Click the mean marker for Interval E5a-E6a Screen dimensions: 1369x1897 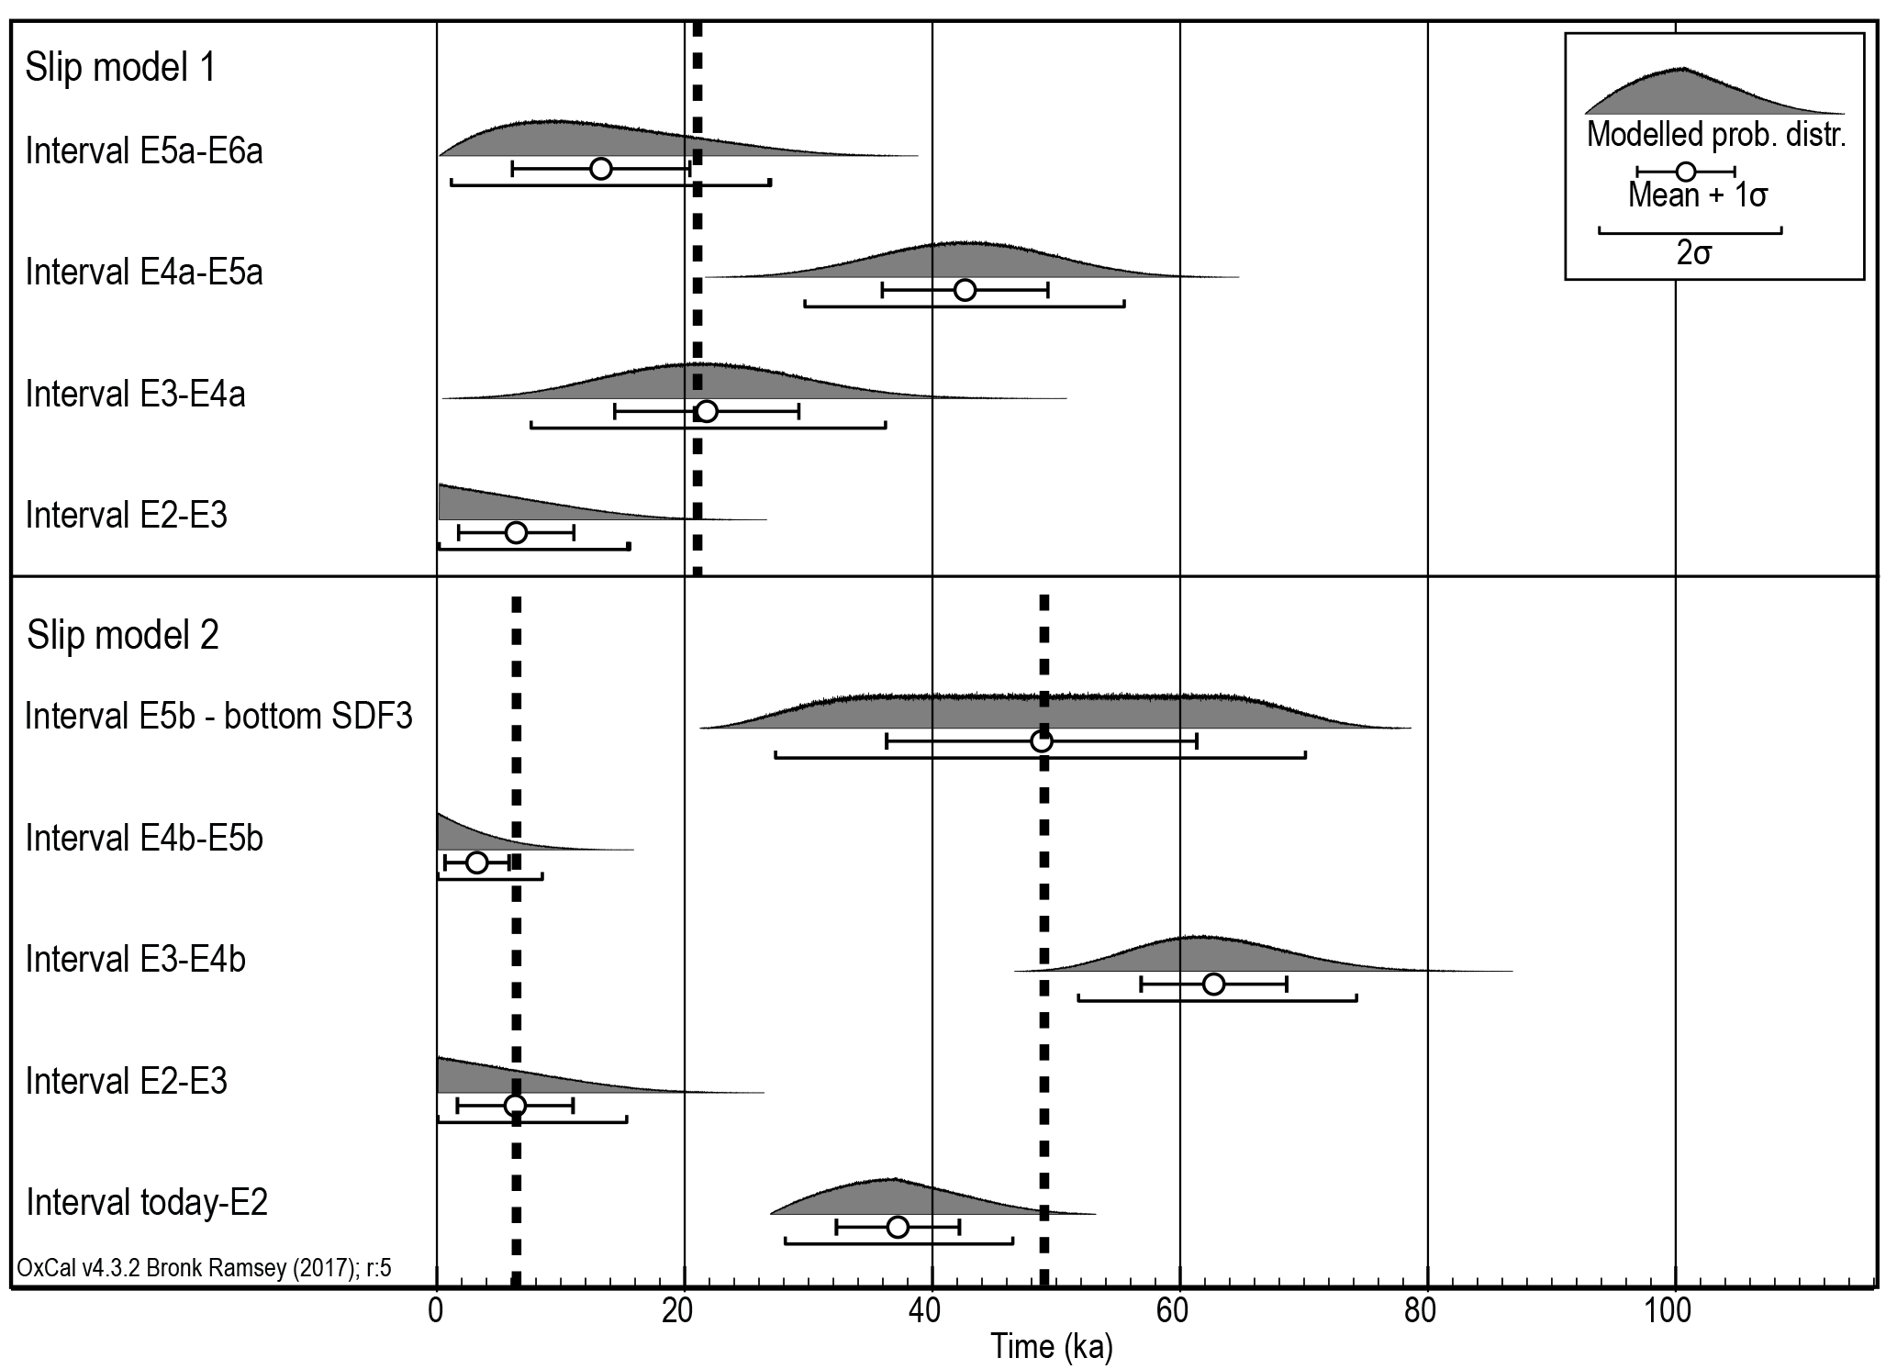tap(601, 169)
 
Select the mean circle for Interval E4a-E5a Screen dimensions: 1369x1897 tap(965, 290)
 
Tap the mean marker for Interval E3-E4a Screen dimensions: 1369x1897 tap(707, 411)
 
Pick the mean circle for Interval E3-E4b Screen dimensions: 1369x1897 tap(1213, 984)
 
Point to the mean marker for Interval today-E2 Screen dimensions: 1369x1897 tap(898, 1227)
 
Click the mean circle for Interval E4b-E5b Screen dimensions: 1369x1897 tap(476, 863)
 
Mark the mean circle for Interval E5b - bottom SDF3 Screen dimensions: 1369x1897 tap(1041, 741)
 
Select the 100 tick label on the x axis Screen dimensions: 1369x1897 tap(1668, 1311)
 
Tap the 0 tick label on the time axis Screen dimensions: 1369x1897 tap(436, 1311)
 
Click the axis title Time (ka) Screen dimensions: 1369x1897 tap(1051, 1347)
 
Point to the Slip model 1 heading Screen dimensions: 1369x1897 tap(120, 67)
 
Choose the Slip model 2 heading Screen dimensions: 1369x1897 tap(123, 635)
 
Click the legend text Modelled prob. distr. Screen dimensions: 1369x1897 tap(1715, 136)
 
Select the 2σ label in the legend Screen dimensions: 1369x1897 tap(1693, 252)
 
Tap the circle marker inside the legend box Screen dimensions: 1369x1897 tap(1685, 172)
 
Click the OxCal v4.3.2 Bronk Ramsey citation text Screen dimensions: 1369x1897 tap(204, 1268)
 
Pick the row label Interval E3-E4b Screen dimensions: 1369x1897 tap(136, 960)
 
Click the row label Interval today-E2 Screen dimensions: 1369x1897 tap(147, 1202)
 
